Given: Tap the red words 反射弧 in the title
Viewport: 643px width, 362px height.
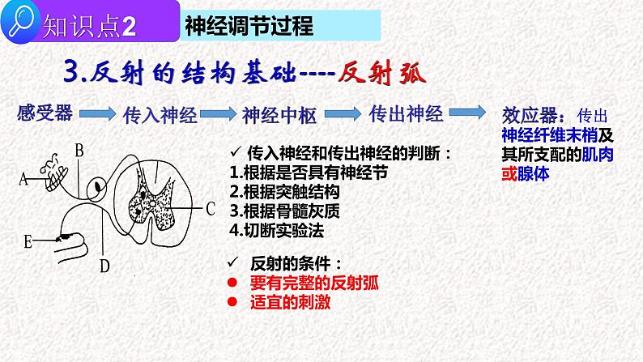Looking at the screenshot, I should tap(379, 73).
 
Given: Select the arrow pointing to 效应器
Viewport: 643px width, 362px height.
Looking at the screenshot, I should tap(463, 113).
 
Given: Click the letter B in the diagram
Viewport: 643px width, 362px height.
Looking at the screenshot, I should tap(79, 149).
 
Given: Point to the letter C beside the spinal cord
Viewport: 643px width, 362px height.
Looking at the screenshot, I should tap(209, 209).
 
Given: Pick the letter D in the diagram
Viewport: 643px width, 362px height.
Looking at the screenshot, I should tap(104, 264).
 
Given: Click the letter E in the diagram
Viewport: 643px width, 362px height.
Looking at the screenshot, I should tap(28, 241).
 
